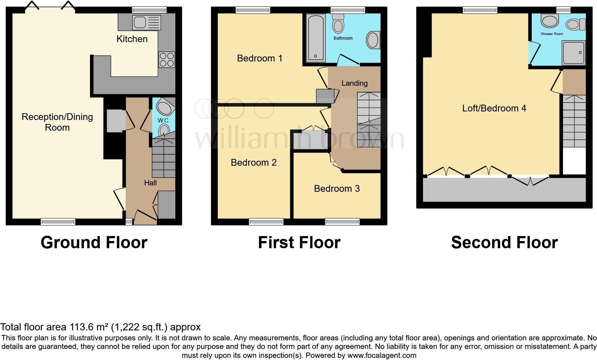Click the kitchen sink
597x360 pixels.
[147, 22]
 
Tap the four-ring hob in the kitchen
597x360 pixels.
[167, 60]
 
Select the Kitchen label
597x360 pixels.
[132, 39]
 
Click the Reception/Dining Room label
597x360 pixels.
[57, 122]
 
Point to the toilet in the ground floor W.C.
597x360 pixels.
[164, 130]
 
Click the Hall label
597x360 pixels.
[150, 183]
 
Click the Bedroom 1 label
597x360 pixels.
[260, 58]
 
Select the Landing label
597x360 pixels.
[354, 83]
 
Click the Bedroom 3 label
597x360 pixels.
[337, 189]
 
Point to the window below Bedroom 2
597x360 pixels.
[266, 222]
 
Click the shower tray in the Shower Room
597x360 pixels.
[574, 52]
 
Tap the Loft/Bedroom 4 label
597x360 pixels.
[494, 108]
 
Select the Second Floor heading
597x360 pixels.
[504, 242]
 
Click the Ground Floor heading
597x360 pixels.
[94, 242]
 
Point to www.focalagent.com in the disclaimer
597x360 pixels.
[381, 355]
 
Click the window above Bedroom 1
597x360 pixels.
[253, 11]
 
